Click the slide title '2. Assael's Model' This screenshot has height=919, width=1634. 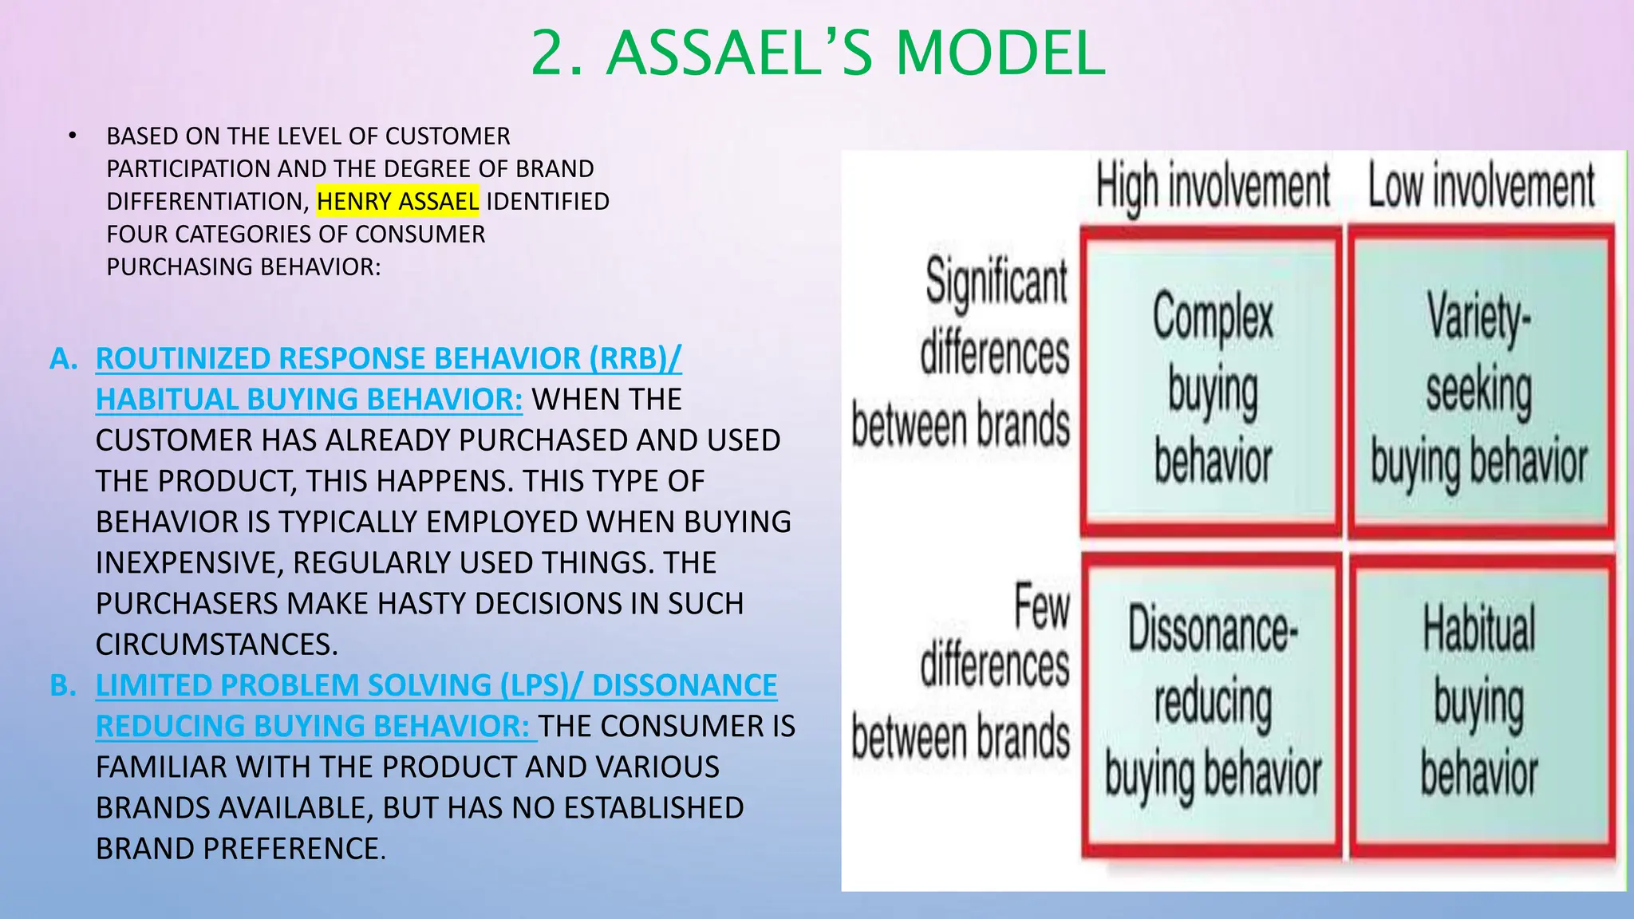click(817, 53)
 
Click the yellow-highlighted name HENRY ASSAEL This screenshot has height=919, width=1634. click(397, 201)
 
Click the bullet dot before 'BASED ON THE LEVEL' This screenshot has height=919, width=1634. click(73, 136)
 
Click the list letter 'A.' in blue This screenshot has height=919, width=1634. click(64, 359)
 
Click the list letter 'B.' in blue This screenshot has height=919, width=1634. click(64, 685)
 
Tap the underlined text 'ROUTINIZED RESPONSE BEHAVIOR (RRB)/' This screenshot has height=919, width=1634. click(389, 359)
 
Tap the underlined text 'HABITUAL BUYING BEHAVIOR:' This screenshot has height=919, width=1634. click(309, 399)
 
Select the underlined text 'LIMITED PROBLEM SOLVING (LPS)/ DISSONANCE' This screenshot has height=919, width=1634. click(436, 685)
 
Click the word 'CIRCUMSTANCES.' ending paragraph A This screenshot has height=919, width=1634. click(216, 645)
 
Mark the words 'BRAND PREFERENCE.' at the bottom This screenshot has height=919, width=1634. click(240, 849)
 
